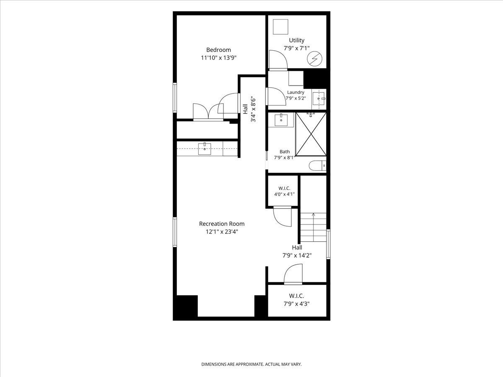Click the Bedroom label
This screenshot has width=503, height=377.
coord(218,50)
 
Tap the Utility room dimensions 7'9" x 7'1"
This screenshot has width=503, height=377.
coord(296,48)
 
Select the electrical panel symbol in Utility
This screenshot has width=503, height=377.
coord(314,58)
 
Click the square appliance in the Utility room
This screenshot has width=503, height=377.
coord(280,27)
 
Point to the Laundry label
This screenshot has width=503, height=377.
coord(296,92)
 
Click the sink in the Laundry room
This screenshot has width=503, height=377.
coord(319,98)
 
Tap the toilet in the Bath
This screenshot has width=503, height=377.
coord(317,165)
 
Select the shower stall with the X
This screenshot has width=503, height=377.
coord(311,134)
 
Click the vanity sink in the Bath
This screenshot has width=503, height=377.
coord(281,120)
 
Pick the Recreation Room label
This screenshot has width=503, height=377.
coord(222,224)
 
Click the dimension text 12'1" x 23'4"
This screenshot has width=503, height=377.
coord(222,232)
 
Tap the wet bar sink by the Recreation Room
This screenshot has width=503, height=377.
coord(205,148)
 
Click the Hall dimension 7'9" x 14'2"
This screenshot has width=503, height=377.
coord(297,256)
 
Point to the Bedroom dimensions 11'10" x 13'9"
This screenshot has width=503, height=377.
coord(219,58)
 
